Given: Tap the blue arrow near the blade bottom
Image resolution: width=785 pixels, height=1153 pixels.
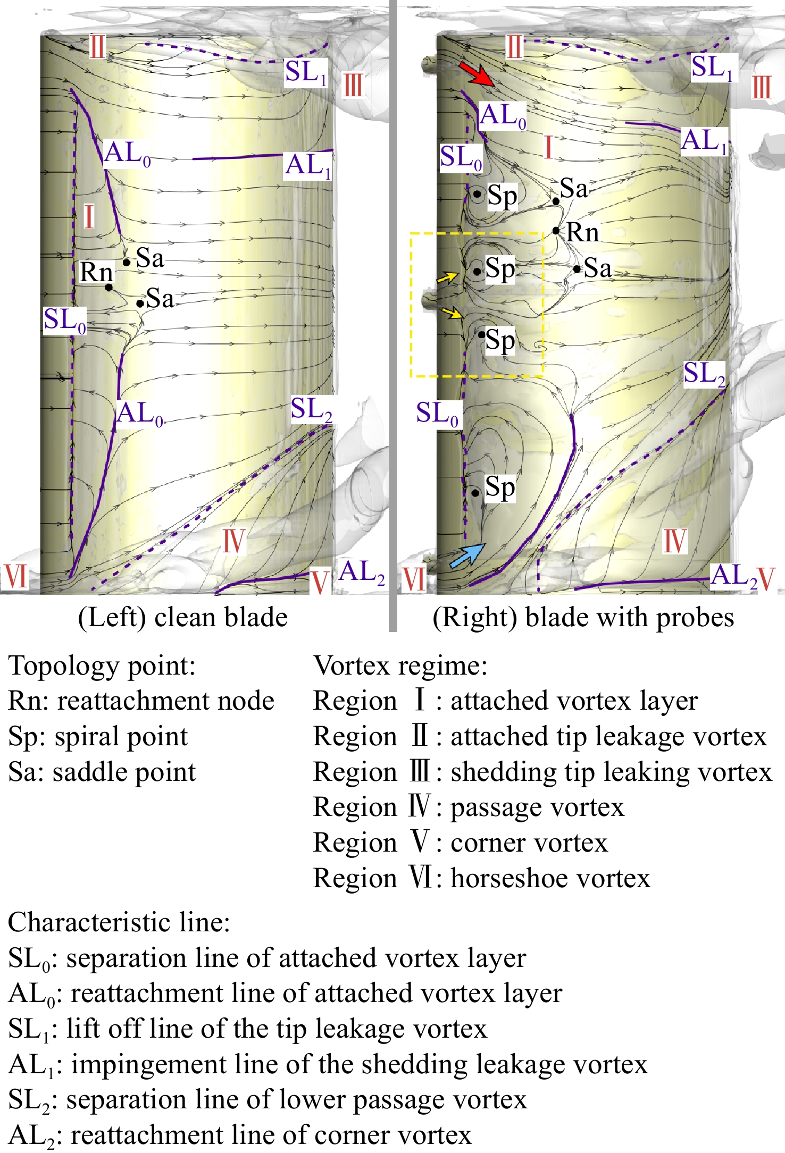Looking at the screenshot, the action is pos(467,556).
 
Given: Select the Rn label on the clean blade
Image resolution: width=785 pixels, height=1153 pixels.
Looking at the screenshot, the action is pos(96,272).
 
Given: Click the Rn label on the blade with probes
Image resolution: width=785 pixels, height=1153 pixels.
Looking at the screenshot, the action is pos(582,232).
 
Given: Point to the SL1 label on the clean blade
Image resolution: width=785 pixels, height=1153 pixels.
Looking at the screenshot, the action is pos(306,72).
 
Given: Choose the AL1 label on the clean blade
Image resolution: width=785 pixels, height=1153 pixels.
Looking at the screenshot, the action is pos(308,165).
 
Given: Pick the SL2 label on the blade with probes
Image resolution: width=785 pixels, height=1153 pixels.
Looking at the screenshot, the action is pos(704,374).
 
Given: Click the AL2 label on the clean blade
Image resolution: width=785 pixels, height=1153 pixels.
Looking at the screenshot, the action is pos(362,573).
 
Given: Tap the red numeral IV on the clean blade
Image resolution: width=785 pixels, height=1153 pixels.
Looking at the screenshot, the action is pos(233,541).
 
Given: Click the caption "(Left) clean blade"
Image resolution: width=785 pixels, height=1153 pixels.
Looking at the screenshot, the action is pos(182,617).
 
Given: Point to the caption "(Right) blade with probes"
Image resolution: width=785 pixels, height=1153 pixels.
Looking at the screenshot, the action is pos(583,617).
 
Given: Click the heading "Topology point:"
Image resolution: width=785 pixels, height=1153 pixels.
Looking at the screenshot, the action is pos(102,666).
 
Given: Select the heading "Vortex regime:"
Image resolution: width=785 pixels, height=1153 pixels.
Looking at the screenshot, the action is pos(400,666).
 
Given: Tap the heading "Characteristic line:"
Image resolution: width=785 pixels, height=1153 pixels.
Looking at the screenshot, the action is pos(119,922).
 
